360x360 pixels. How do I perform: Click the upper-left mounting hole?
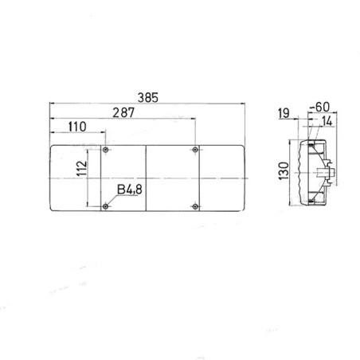point(106,150)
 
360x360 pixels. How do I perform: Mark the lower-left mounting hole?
point(106,209)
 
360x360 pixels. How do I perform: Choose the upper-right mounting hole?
point(195,150)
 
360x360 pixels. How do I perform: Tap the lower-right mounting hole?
point(195,209)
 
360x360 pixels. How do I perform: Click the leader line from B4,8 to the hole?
point(112,202)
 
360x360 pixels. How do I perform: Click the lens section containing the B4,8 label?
point(123,171)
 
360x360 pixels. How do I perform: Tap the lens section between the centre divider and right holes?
point(170,179)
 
